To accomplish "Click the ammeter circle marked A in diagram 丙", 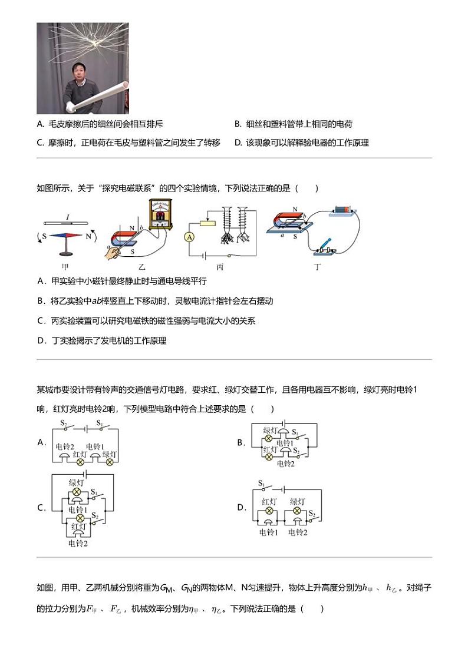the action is tap(190, 237).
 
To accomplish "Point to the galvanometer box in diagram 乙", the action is tap(158, 216).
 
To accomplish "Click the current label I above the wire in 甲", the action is tap(68, 217).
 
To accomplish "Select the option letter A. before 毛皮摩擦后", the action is tap(40, 124).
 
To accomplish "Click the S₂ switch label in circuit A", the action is tap(64, 423).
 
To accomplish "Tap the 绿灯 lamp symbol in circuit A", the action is tap(110, 462).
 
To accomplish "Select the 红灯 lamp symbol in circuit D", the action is tap(270, 511).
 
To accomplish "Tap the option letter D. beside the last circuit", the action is tap(241, 507).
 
